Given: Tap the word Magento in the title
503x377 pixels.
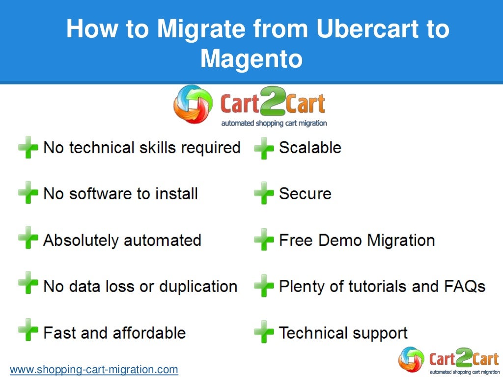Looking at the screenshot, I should point(251,59).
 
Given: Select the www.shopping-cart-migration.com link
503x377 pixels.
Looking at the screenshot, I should point(94,369).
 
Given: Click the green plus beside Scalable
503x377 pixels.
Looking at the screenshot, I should point(264,148).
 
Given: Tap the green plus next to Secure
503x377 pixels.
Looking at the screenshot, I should point(264,194).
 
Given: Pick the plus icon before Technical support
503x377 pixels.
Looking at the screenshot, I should point(264,333).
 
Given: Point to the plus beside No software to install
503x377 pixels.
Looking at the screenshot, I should point(28,194).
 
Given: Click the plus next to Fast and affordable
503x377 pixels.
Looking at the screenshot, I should point(28,333).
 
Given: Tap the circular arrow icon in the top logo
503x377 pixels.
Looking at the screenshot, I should point(193,104).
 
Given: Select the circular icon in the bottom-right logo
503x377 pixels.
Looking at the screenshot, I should point(412,360).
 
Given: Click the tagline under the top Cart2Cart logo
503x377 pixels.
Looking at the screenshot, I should point(274,124).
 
